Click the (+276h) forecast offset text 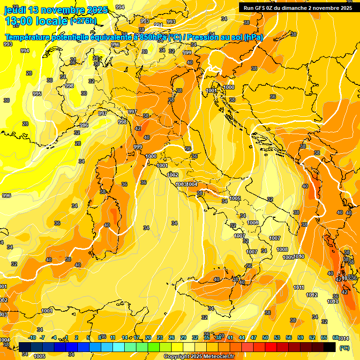coord(83,21)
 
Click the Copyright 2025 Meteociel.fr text coord(199,356)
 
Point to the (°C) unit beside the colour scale coord(345,348)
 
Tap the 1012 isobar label coord(312,295)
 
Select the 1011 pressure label coord(299,287)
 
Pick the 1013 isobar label coord(333,301)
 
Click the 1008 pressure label coord(282,249)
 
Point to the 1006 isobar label coord(253,223)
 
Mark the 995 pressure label coord(37,94)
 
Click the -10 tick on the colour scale coord(32,337)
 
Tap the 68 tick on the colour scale coord(336,337)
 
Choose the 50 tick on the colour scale coord(265,337)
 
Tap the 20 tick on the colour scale coord(148,337)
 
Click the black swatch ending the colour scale coord(330,347)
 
